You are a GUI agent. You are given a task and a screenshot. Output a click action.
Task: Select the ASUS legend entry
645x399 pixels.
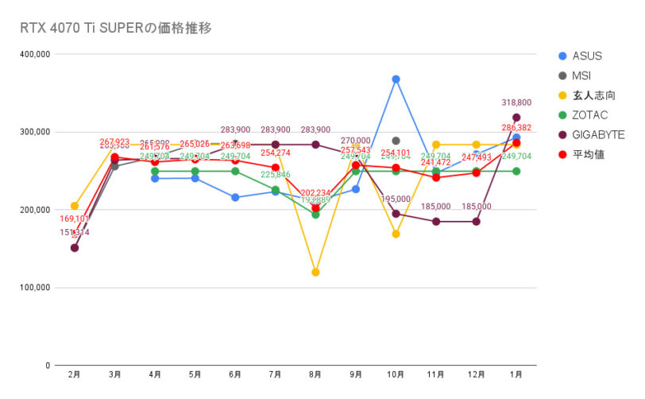tap(587, 56)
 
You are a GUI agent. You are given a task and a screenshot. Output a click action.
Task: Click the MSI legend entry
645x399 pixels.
tap(582, 76)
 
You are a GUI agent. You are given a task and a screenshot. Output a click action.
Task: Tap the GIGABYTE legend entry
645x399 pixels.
tap(597, 135)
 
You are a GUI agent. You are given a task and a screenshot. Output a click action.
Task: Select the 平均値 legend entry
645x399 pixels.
tap(587, 154)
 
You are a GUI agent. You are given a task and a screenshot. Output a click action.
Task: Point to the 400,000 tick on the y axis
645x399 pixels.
tap(33, 55)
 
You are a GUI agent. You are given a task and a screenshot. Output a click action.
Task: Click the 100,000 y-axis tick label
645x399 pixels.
tap(33, 288)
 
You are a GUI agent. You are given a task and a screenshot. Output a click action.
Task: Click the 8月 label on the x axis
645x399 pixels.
tap(315, 374)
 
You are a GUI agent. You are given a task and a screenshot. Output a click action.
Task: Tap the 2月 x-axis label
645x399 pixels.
tap(75, 374)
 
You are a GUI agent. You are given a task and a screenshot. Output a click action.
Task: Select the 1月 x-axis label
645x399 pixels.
tap(516, 374)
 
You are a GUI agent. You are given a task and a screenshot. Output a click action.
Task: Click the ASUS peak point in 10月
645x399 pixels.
tap(396, 79)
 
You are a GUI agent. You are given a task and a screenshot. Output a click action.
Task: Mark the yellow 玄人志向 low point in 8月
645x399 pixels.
tap(315, 272)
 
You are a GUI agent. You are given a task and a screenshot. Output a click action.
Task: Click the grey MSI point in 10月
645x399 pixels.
tap(396, 141)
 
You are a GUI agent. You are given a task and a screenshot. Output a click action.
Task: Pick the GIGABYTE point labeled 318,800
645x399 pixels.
tap(516, 118)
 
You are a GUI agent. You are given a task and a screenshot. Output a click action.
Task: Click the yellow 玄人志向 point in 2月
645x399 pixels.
tap(75, 206)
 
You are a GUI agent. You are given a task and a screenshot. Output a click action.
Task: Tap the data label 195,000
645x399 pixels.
tap(396, 199)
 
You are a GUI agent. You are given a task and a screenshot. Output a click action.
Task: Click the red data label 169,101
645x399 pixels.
tap(75, 219)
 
